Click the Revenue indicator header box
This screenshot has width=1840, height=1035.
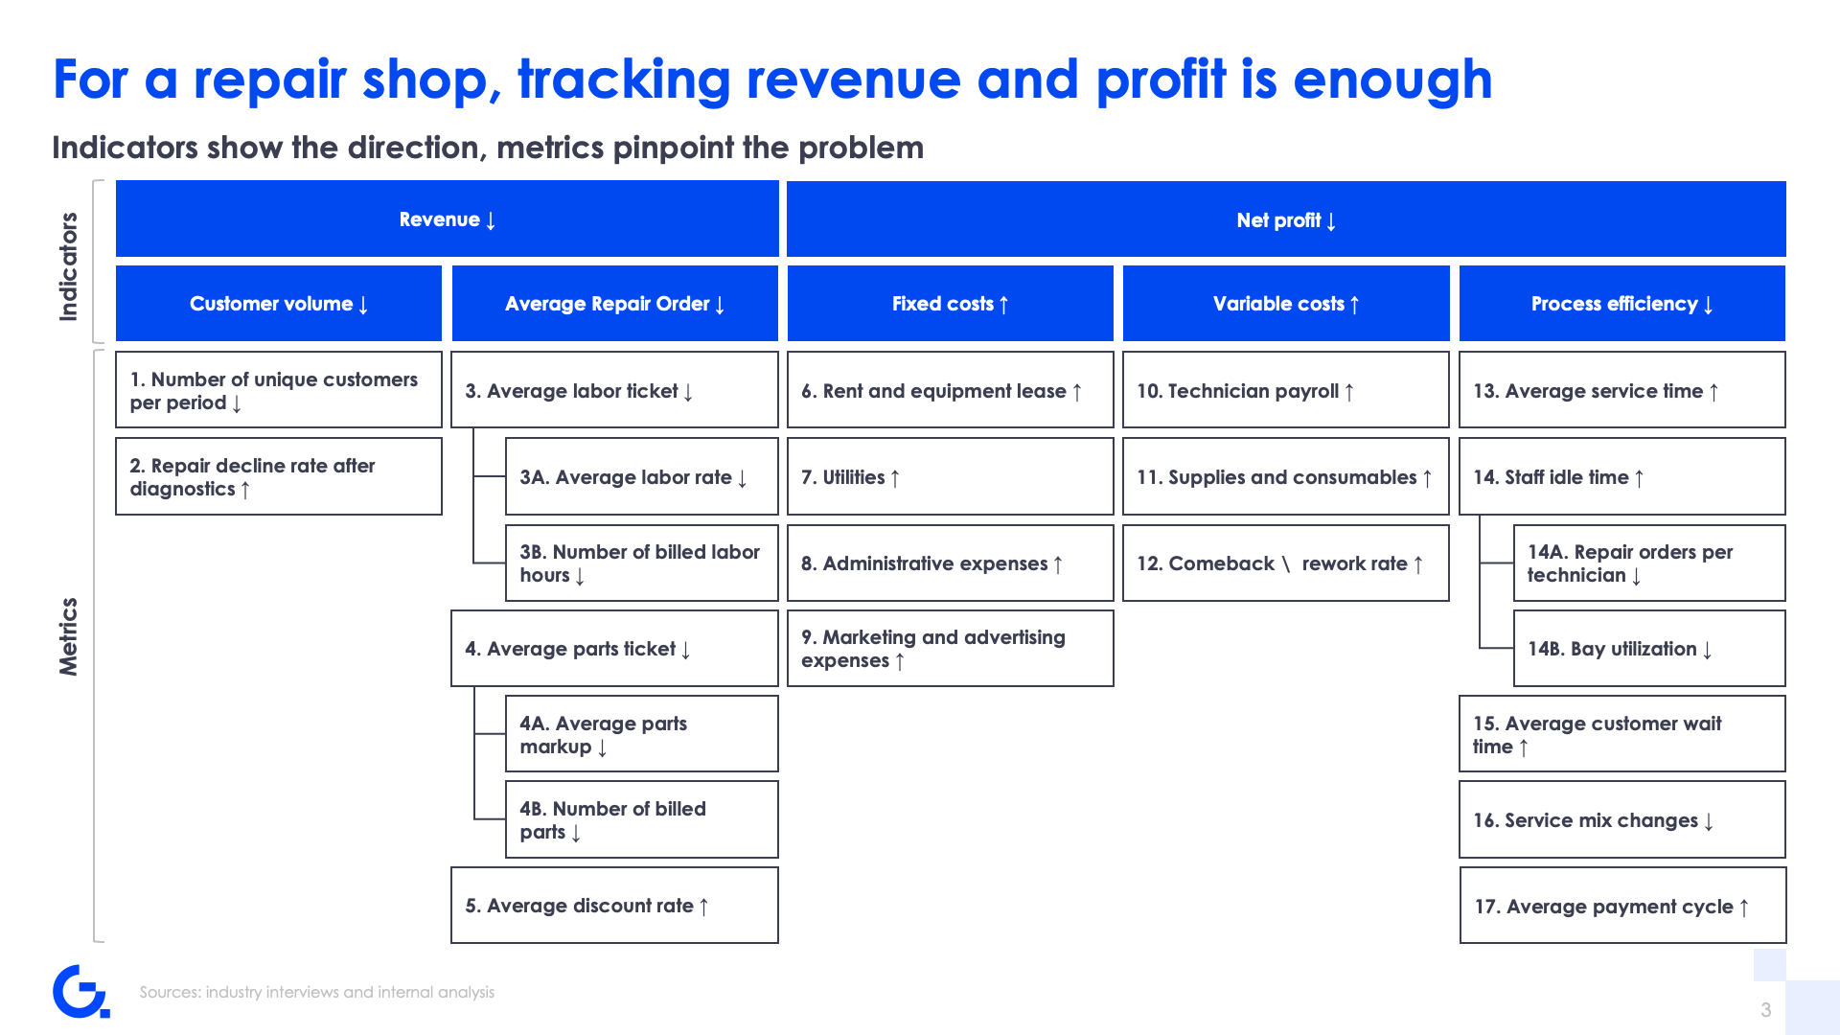(447, 218)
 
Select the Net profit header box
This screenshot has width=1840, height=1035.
(1286, 219)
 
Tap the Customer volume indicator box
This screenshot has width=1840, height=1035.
(279, 304)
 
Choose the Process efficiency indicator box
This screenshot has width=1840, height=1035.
(1621, 304)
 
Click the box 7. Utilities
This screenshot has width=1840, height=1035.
(950, 476)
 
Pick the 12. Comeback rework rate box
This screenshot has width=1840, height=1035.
(1285, 563)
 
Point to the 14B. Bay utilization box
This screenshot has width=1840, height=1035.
(1649, 649)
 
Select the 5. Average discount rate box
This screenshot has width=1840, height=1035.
(614, 906)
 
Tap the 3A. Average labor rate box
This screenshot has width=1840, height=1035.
(642, 476)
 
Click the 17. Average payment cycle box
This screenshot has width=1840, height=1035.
(1622, 906)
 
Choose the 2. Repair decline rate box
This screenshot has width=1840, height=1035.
(279, 476)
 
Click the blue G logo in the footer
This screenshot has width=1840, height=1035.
(80, 991)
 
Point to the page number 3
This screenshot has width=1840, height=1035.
(1765, 1010)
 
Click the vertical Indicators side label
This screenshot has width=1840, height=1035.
(68, 266)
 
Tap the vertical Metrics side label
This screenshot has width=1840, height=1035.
(68, 636)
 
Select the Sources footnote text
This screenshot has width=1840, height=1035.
(317, 992)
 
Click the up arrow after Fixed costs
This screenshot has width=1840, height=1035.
(1003, 305)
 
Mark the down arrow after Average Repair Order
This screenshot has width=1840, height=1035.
(720, 305)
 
